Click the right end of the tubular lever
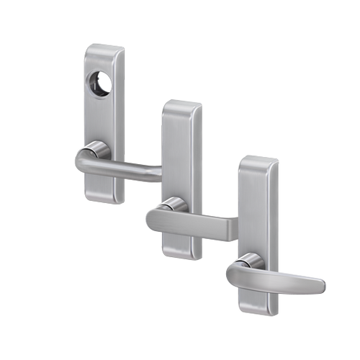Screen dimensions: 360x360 pos(157,173)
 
